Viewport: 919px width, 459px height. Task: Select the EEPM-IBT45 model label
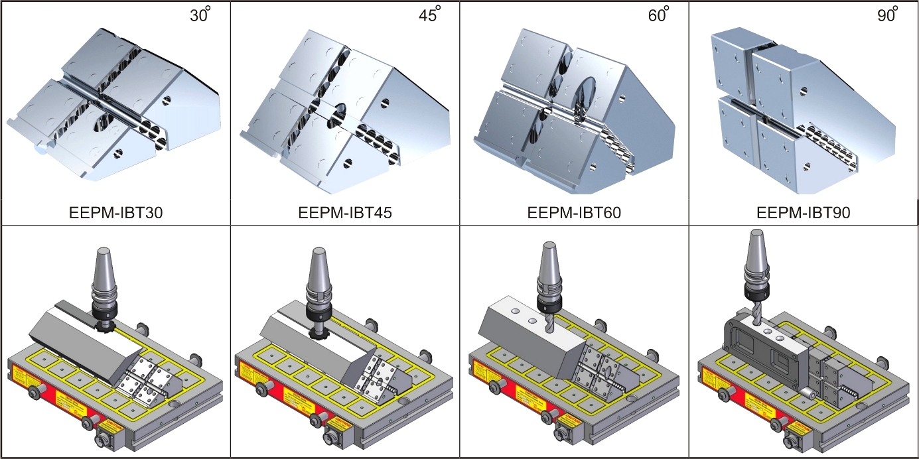344,214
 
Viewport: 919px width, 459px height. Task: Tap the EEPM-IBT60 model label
575,214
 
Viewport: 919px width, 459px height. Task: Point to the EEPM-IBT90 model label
804,214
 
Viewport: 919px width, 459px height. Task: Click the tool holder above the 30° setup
102,282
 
